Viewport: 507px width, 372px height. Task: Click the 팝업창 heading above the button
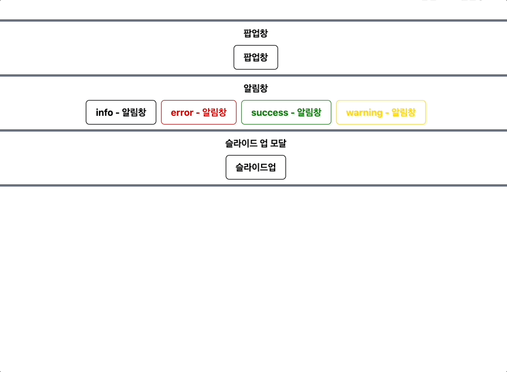256,33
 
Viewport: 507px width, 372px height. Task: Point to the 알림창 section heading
256,88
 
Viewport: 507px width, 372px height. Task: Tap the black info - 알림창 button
121,112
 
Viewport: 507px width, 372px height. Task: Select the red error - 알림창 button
198,112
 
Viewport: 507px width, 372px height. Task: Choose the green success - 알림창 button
286,112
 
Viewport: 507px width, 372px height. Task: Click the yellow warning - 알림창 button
381,112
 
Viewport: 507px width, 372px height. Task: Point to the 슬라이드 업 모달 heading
256,143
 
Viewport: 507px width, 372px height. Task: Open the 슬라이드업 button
256,167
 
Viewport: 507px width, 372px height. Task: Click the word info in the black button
104,112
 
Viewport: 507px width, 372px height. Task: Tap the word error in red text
182,112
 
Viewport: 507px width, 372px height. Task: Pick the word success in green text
269,112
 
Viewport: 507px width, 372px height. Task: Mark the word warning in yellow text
364,112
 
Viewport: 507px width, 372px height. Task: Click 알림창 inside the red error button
214,112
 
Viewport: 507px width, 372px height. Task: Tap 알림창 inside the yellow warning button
403,112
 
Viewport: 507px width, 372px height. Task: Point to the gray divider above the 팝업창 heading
253,20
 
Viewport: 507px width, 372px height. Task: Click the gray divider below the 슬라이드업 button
253,185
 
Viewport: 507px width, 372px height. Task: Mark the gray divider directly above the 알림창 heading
253,75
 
